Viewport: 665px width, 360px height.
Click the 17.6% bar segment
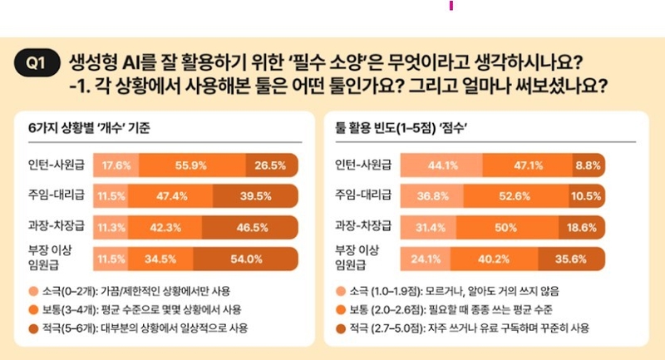pos(116,165)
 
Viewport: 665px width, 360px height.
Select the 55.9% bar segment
pos(191,165)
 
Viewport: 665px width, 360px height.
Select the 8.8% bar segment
pos(588,165)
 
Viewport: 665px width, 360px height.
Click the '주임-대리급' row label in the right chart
pos(360,195)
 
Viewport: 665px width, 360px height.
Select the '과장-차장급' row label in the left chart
pos(52,226)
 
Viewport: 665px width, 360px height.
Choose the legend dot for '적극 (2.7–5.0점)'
pos(341,328)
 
